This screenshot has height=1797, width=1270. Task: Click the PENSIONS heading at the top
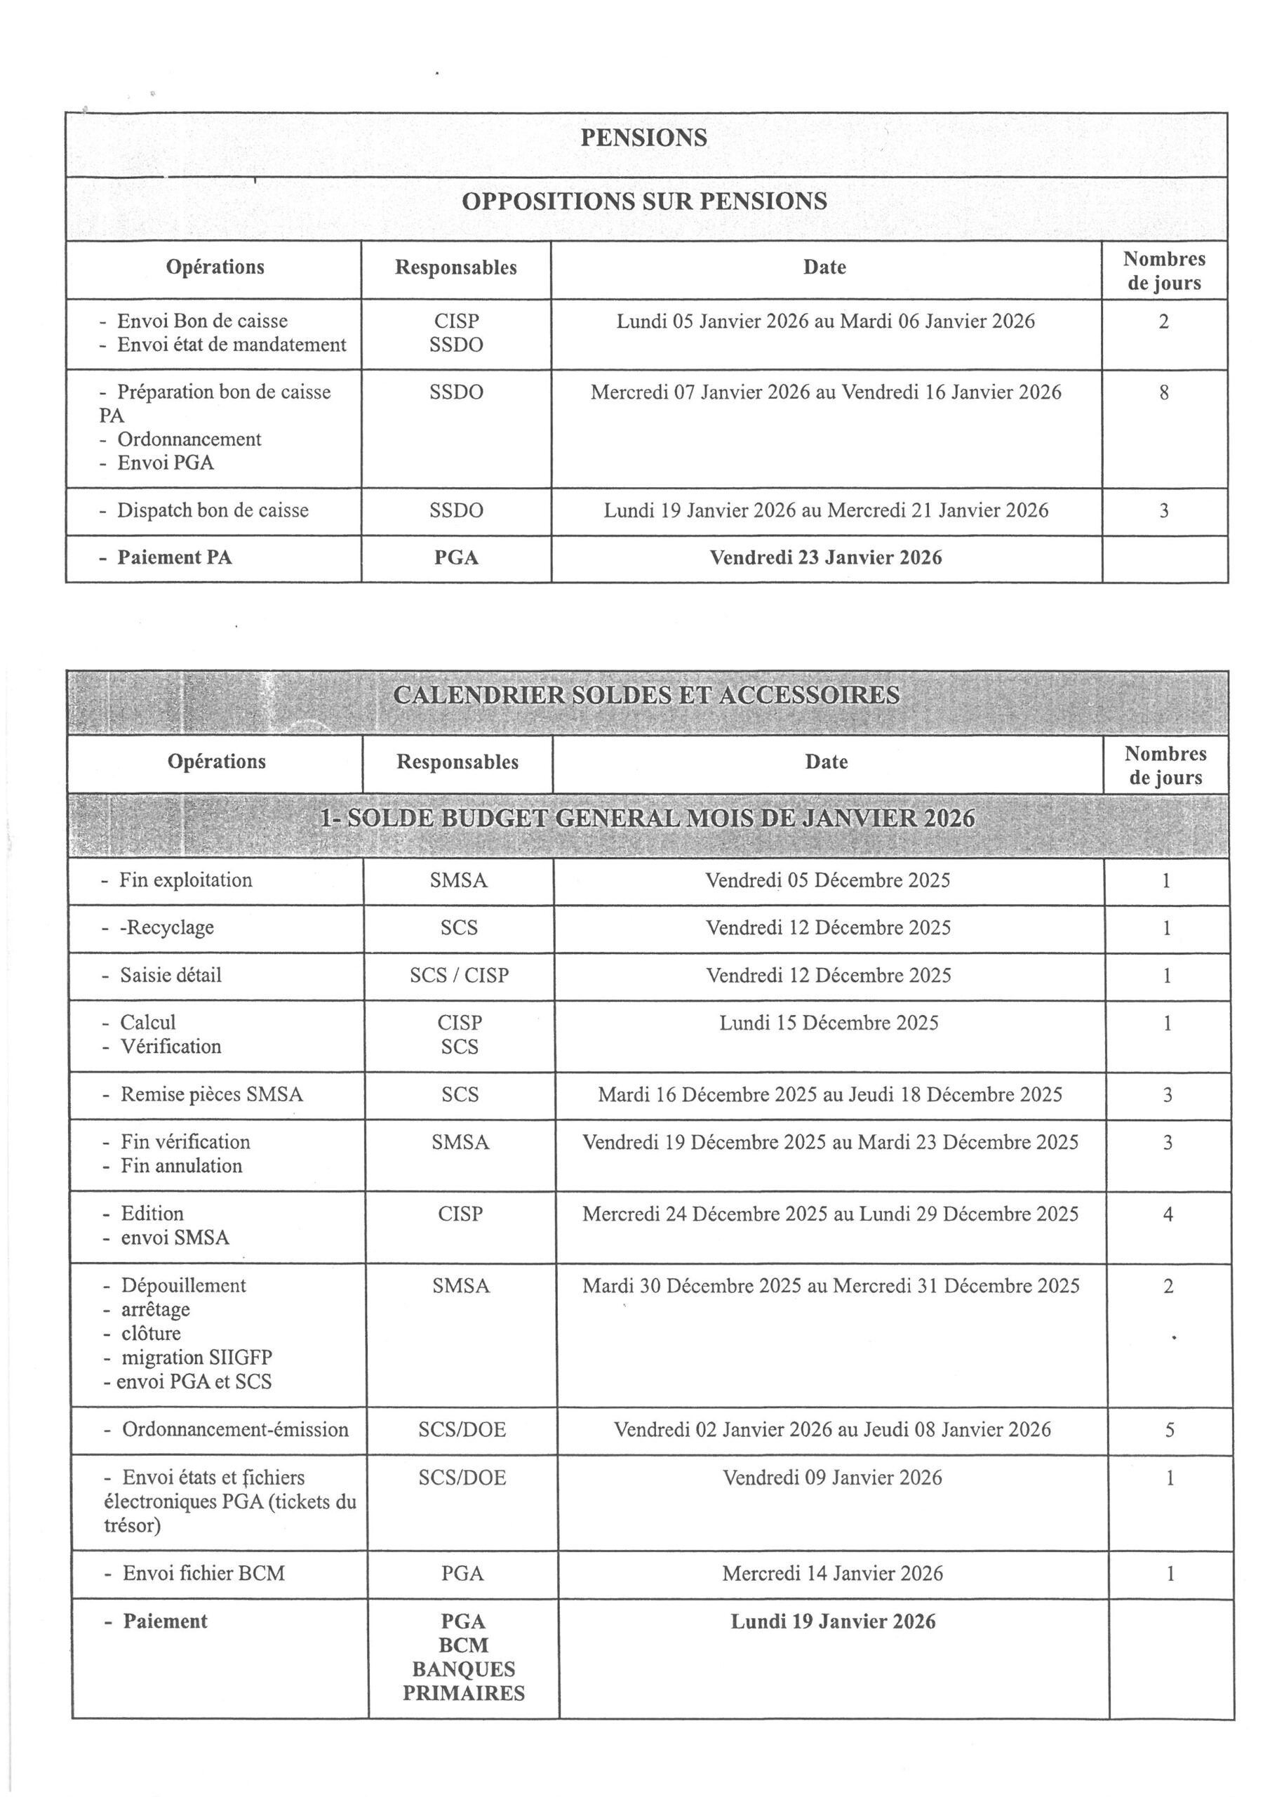click(643, 138)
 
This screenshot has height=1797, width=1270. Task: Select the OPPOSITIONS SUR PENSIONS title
click(644, 202)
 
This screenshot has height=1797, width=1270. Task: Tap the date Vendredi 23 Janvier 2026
click(826, 558)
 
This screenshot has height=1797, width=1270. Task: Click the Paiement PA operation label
click(174, 558)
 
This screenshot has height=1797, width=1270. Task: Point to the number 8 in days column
click(1163, 393)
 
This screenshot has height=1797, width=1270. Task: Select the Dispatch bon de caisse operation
click(212, 511)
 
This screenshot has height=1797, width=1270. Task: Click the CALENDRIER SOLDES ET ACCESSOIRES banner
click(646, 696)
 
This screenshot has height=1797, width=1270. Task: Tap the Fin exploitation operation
click(185, 880)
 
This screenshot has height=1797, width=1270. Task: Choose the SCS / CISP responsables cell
click(460, 976)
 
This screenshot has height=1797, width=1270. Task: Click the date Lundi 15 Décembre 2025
click(829, 1023)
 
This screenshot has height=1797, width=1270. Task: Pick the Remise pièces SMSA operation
click(210, 1095)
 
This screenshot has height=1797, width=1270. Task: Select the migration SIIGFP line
click(196, 1358)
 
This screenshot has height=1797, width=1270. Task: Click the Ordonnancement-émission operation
click(235, 1430)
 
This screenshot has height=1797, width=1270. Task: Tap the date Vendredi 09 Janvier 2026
click(831, 1478)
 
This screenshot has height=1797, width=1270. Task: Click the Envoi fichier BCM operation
click(203, 1574)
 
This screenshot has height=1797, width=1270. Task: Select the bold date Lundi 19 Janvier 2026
click(833, 1622)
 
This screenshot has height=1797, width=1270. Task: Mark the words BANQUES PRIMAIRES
click(463, 1681)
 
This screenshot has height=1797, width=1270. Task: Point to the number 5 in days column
click(1169, 1431)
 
